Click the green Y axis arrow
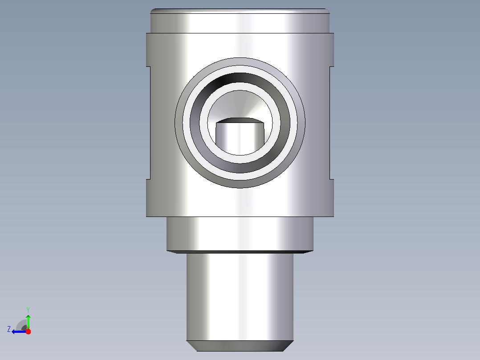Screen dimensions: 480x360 click(28, 322)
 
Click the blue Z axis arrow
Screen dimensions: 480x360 click(19, 331)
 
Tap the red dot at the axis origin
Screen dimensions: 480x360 click(28, 331)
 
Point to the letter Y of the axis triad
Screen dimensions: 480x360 click(28, 310)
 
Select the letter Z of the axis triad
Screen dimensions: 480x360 click(9, 329)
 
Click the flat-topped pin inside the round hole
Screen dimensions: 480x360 click(240, 136)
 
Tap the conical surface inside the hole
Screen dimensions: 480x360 click(240, 104)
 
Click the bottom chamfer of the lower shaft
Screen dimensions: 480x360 click(240, 346)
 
